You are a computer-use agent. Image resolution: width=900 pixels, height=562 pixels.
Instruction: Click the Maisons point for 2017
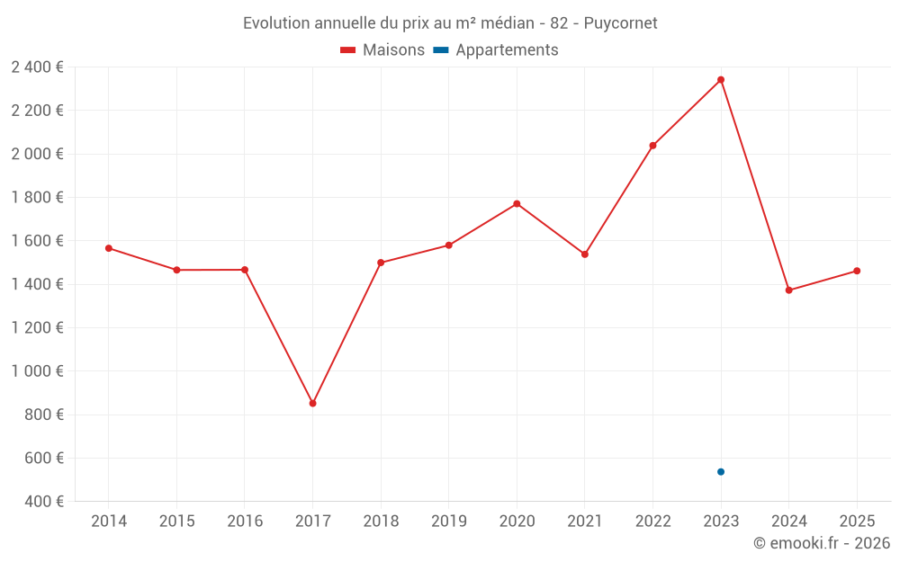pyautogui.click(x=312, y=403)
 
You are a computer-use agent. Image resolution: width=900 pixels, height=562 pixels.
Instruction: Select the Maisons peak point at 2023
pyautogui.click(x=721, y=80)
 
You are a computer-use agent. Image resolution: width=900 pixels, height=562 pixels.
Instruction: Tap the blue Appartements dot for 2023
pyautogui.click(x=721, y=471)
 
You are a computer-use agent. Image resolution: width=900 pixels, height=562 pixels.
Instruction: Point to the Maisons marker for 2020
pyautogui.click(x=517, y=203)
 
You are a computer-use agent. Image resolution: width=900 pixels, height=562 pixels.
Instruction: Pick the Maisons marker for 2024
pyautogui.click(x=789, y=290)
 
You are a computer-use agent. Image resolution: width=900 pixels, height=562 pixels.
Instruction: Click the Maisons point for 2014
pyautogui.click(x=109, y=248)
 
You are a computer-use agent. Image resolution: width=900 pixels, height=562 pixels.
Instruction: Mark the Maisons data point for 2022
pyautogui.click(x=652, y=145)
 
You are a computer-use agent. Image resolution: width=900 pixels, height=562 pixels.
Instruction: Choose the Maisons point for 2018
pyautogui.click(x=381, y=263)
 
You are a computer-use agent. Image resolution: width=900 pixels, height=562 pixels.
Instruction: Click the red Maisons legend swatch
pyautogui.click(x=347, y=50)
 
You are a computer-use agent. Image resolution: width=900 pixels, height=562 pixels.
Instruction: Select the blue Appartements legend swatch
pyautogui.click(x=441, y=50)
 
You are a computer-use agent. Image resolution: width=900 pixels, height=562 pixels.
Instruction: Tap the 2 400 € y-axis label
pyautogui.click(x=37, y=67)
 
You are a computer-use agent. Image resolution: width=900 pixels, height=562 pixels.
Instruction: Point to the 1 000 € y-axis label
pyautogui.click(x=37, y=371)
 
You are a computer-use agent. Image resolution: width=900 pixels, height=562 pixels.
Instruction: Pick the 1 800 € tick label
pyautogui.click(x=37, y=198)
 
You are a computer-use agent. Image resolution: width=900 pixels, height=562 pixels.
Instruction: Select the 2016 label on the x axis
pyautogui.click(x=245, y=522)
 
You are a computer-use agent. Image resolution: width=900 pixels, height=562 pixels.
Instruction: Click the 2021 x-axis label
pyautogui.click(x=585, y=522)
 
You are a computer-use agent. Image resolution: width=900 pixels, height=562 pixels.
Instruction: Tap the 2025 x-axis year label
pyautogui.click(x=857, y=522)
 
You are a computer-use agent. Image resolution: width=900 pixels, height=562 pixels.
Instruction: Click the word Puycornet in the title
pyautogui.click(x=621, y=23)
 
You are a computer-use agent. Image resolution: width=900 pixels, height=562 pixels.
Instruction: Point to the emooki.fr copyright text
pyautogui.click(x=822, y=543)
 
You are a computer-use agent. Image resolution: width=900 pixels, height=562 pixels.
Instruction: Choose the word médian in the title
pyautogui.click(x=500, y=23)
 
